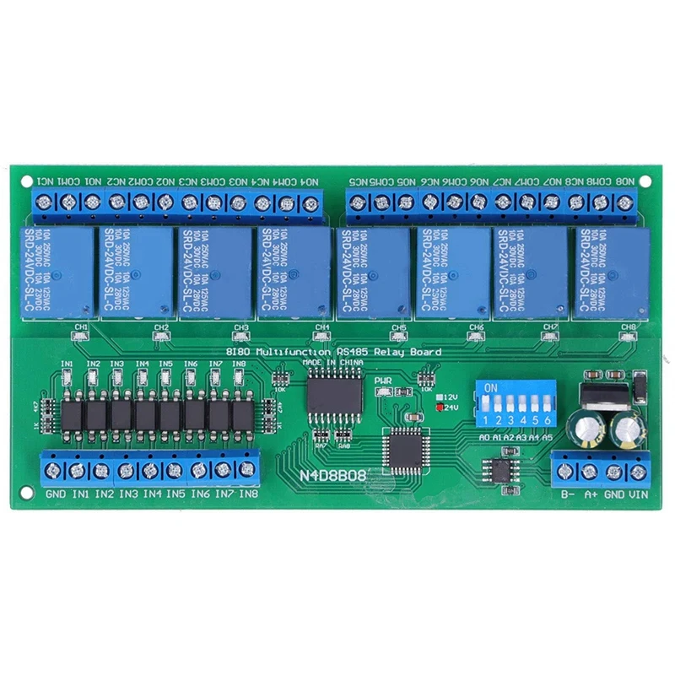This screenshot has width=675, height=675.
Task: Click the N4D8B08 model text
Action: tap(332, 475)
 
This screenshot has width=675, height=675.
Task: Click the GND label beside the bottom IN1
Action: tap(55, 494)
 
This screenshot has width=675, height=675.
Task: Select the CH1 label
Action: tap(82, 327)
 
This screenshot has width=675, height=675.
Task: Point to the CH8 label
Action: tap(629, 327)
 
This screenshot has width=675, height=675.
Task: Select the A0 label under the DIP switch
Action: tap(484, 439)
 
